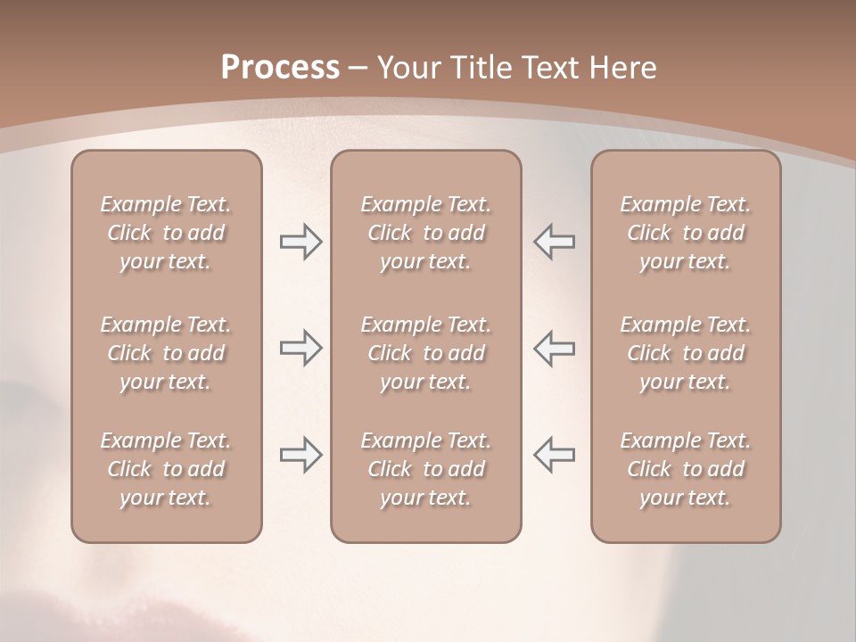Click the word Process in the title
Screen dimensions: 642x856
pos(280,68)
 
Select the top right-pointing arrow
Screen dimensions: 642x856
pos(301,241)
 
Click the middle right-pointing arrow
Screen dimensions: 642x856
pos(301,349)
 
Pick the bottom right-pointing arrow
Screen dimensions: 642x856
pos(301,456)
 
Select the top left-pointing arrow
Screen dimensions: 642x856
pos(554,241)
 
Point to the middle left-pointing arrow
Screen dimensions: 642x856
pos(554,349)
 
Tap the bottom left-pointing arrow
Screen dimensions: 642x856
pos(554,456)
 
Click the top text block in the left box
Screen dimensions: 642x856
pos(166,233)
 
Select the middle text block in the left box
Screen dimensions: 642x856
pos(166,353)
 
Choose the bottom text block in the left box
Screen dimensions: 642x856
pos(166,469)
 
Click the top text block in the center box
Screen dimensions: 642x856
pos(425,233)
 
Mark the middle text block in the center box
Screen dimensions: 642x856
pos(425,353)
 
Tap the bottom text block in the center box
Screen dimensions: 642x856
pos(425,469)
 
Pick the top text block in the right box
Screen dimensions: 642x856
pos(685,233)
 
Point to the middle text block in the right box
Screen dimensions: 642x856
pos(685,353)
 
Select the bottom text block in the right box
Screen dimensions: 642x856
pos(685,469)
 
